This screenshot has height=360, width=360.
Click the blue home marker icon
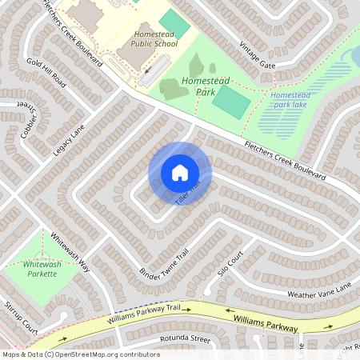[x=180, y=172]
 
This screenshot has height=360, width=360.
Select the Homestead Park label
[x=205, y=86]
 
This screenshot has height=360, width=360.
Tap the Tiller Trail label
[x=187, y=195]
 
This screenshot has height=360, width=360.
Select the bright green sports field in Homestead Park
[x=230, y=102]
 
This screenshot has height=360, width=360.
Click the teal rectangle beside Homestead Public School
[x=174, y=25]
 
